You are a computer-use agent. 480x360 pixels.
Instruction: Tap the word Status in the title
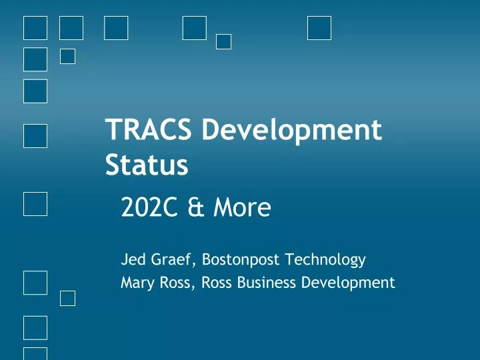(147, 165)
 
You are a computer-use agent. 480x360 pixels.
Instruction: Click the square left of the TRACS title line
(35, 135)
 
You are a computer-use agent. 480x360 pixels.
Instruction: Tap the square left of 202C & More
(35, 203)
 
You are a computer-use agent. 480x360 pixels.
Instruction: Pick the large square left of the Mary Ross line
(35, 283)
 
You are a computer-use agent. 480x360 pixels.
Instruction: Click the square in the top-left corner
(35, 28)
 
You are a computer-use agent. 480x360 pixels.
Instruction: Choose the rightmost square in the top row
(319, 28)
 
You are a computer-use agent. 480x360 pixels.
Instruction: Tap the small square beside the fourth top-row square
(224, 41)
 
